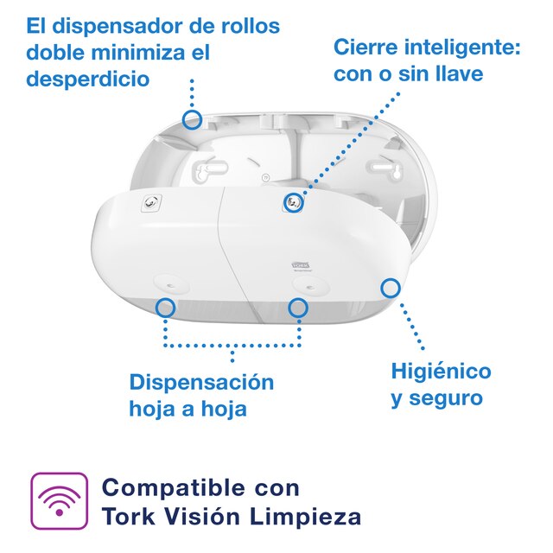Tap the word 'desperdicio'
point(87,79)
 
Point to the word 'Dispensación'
point(201,382)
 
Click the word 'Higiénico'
point(441,372)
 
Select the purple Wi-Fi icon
point(60,500)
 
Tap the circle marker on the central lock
point(293,202)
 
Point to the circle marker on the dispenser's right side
point(391,288)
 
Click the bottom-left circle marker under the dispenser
point(166,306)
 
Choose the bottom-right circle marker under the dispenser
point(298,306)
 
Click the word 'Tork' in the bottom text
point(127,517)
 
